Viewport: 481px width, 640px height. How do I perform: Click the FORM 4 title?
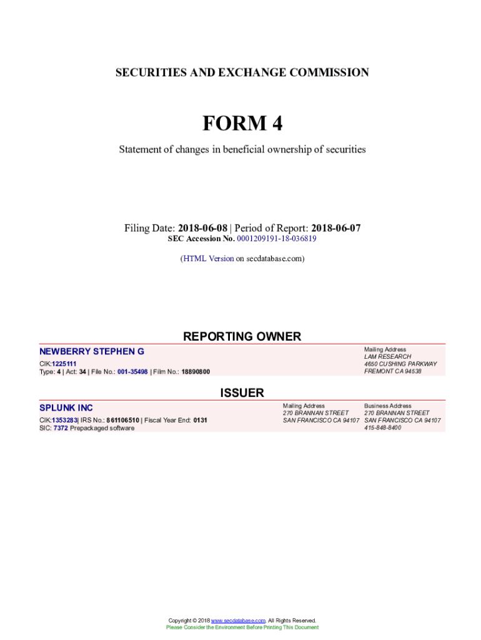(x=242, y=124)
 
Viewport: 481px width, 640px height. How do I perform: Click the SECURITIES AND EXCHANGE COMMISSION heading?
(x=242, y=72)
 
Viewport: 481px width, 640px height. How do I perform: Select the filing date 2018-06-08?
(x=202, y=228)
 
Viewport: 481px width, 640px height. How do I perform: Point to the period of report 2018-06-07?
(x=335, y=228)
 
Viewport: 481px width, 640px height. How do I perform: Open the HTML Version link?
(x=208, y=258)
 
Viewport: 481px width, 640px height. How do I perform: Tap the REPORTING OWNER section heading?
(x=242, y=337)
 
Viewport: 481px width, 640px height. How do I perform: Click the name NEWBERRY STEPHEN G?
(x=92, y=352)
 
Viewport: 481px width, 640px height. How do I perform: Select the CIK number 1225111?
(x=64, y=364)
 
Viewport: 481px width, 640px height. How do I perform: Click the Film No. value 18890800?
(x=196, y=372)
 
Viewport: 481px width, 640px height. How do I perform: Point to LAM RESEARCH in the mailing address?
(x=387, y=357)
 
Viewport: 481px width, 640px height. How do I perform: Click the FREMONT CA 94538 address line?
(x=392, y=371)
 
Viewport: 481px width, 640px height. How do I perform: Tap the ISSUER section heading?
(x=242, y=393)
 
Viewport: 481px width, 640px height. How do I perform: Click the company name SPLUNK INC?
(x=66, y=408)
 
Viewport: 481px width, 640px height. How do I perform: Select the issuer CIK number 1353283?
(x=64, y=421)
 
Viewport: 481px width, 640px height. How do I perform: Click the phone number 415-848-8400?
(x=382, y=428)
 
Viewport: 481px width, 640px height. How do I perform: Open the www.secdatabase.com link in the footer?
(x=238, y=621)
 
